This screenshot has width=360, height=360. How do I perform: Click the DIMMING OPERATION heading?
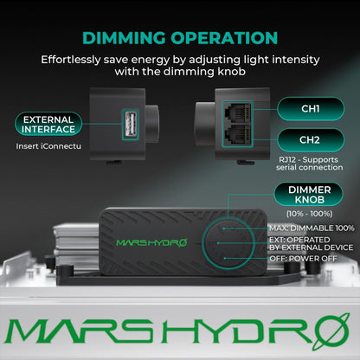180,37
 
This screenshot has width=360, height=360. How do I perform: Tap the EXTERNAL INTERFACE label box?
48,124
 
